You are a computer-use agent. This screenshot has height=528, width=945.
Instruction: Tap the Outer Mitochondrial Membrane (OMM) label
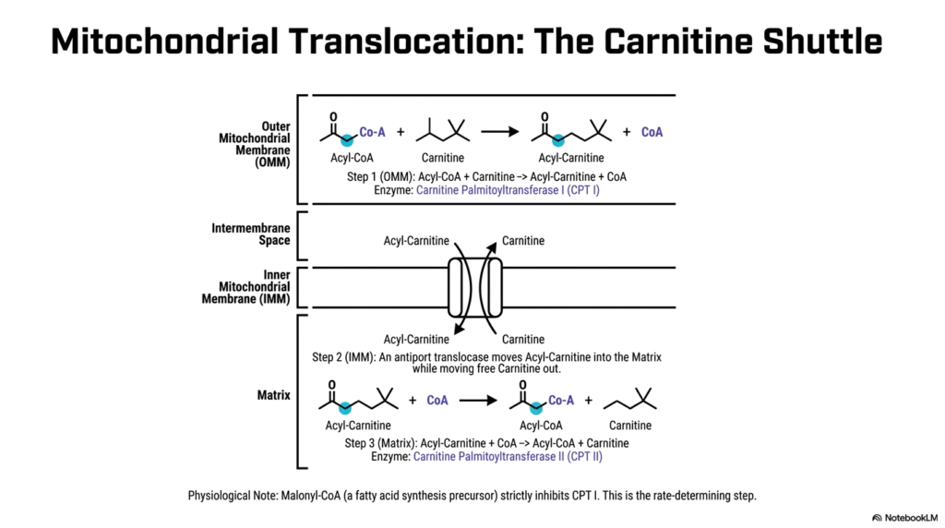(x=255, y=145)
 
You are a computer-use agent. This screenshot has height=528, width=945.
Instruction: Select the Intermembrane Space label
(x=251, y=234)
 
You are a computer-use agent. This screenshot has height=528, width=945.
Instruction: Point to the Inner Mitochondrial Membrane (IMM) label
(x=245, y=287)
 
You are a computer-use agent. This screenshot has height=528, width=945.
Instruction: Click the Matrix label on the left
(x=273, y=395)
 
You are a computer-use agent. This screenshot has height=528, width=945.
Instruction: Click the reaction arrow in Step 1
(x=499, y=131)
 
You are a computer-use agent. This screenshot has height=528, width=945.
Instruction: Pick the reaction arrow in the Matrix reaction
(x=478, y=401)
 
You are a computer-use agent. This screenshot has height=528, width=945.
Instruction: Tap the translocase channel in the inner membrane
(x=475, y=287)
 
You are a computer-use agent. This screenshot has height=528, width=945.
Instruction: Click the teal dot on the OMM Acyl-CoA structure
(x=347, y=141)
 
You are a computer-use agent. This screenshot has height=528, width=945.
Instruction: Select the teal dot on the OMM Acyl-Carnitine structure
(x=558, y=141)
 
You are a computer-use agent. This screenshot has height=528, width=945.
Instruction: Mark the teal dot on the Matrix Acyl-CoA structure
(x=536, y=409)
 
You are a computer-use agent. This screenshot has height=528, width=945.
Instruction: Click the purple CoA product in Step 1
(x=652, y=132)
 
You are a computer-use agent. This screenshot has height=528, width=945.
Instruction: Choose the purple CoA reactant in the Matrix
(x=437, y=401)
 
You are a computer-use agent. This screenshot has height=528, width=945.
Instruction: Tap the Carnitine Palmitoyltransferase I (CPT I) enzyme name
(x=508, y=190)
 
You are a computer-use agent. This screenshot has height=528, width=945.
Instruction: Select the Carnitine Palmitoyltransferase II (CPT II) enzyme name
(x=508, y=457)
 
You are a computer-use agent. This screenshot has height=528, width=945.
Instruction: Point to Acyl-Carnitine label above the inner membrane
(x=416, y=241)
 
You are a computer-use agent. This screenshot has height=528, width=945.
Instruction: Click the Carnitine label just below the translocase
(x=523, y=340)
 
